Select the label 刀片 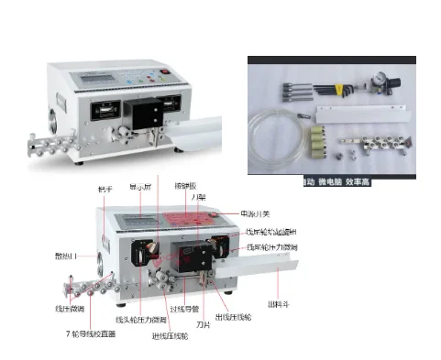204,322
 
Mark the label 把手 104,189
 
